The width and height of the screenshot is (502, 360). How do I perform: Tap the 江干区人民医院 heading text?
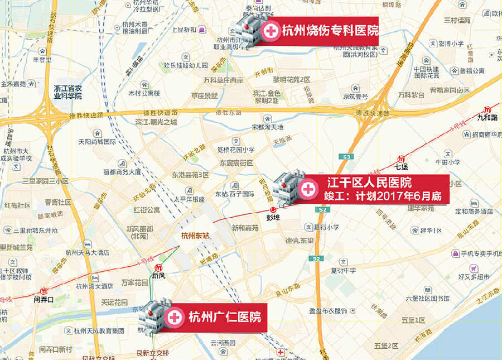click(x=369, y=183)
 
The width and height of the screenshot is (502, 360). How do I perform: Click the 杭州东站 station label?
click(x=195, y=236)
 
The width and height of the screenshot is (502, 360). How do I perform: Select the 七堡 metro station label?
click(x=402, y=166)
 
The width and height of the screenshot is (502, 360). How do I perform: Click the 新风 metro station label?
click(x=159, y=275)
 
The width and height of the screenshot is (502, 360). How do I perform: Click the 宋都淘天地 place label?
click(x=268, y=127)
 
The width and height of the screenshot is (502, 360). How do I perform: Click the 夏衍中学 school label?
click(x=343, y=271)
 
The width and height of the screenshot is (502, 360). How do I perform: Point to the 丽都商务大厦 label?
click(x=122, y=172)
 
